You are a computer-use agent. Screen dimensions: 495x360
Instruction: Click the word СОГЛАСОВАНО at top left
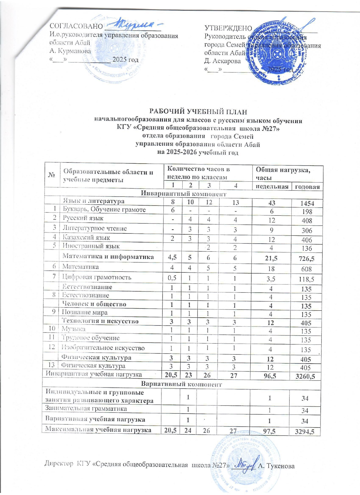coord(76,26)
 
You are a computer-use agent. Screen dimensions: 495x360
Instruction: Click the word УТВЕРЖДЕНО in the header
coord(228,28)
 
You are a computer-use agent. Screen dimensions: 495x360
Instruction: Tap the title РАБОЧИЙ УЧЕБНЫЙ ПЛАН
coord(198,112)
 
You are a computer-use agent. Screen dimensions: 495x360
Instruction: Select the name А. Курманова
coord(70,51)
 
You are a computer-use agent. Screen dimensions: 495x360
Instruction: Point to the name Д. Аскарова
coord(222,61)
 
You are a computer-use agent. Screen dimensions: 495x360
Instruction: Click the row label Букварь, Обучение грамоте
coord(104,210)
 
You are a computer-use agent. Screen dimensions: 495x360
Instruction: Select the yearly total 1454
coord(307,203)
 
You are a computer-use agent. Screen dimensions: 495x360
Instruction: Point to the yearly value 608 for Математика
coord(306,269)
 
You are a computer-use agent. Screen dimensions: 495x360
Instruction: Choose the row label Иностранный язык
coord(91,246)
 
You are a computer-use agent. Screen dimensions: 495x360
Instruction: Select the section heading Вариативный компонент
coord(181,384)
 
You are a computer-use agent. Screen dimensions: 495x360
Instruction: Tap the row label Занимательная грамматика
coord(86,409)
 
